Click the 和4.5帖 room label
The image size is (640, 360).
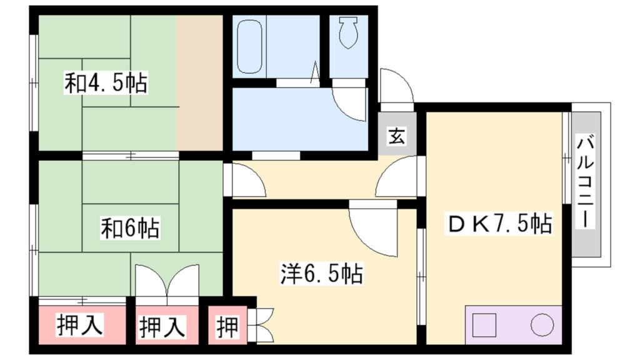click(106, 82)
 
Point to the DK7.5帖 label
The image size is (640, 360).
click(498, 223)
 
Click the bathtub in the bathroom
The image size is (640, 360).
click(248, 47)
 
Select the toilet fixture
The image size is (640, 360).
click(348, 32)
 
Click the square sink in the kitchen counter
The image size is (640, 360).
click(484, 325)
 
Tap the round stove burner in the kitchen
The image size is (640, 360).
click(542, 325)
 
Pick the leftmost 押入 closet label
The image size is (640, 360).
click(79, 326)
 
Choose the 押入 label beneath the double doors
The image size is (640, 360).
click(162, 326)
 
